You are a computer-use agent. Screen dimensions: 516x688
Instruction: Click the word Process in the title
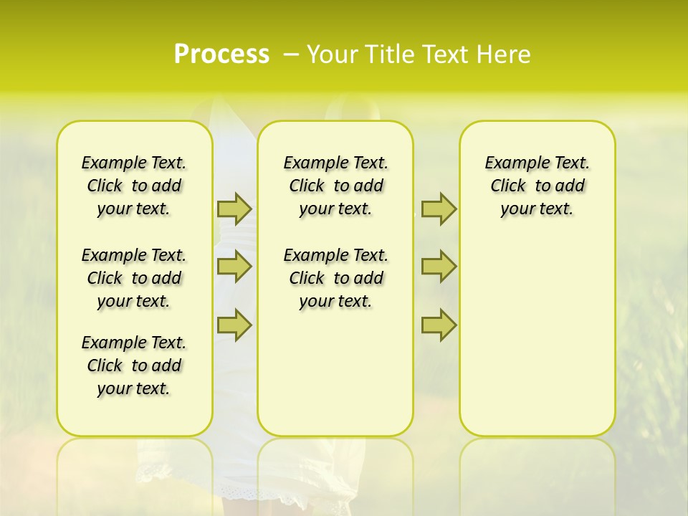[221, 54]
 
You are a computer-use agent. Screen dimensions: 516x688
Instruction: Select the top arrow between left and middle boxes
[234, 209]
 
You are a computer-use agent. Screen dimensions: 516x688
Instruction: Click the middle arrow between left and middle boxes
[234, 267]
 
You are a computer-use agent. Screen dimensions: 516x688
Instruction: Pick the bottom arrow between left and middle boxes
[234, 325]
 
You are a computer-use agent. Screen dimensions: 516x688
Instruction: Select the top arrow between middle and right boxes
[439, 209]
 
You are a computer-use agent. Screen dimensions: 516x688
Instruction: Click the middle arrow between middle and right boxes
[439, 267]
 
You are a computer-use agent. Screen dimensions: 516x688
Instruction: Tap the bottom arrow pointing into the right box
[439, 325]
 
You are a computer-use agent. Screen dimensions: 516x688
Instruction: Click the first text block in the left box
[134, 186]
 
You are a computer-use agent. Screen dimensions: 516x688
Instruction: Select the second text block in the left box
[134, 278]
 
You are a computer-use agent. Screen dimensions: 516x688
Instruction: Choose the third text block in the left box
[134, 365]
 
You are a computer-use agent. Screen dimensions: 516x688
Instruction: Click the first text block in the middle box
[335, 186]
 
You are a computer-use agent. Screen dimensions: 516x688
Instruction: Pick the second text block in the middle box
[335, 278]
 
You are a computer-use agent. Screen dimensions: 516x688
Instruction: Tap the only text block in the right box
[537, 186]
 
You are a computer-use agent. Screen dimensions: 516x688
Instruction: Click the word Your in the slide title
[332, 54]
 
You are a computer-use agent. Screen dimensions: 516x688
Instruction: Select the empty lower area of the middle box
[335, 373]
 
